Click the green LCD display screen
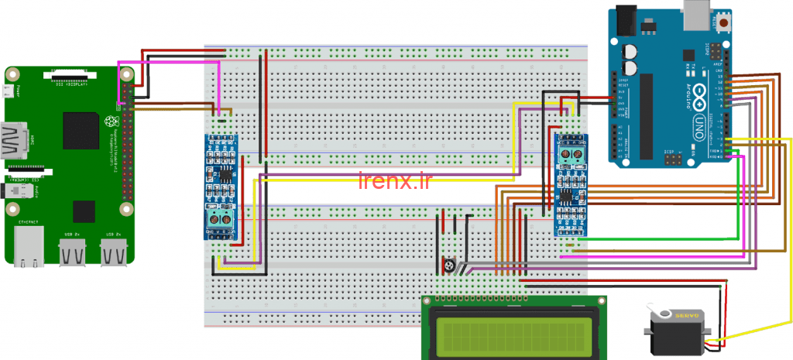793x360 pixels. click(514, 332)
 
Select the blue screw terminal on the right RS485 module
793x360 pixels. click(572, 154)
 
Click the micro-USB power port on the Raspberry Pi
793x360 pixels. click(8, 91)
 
